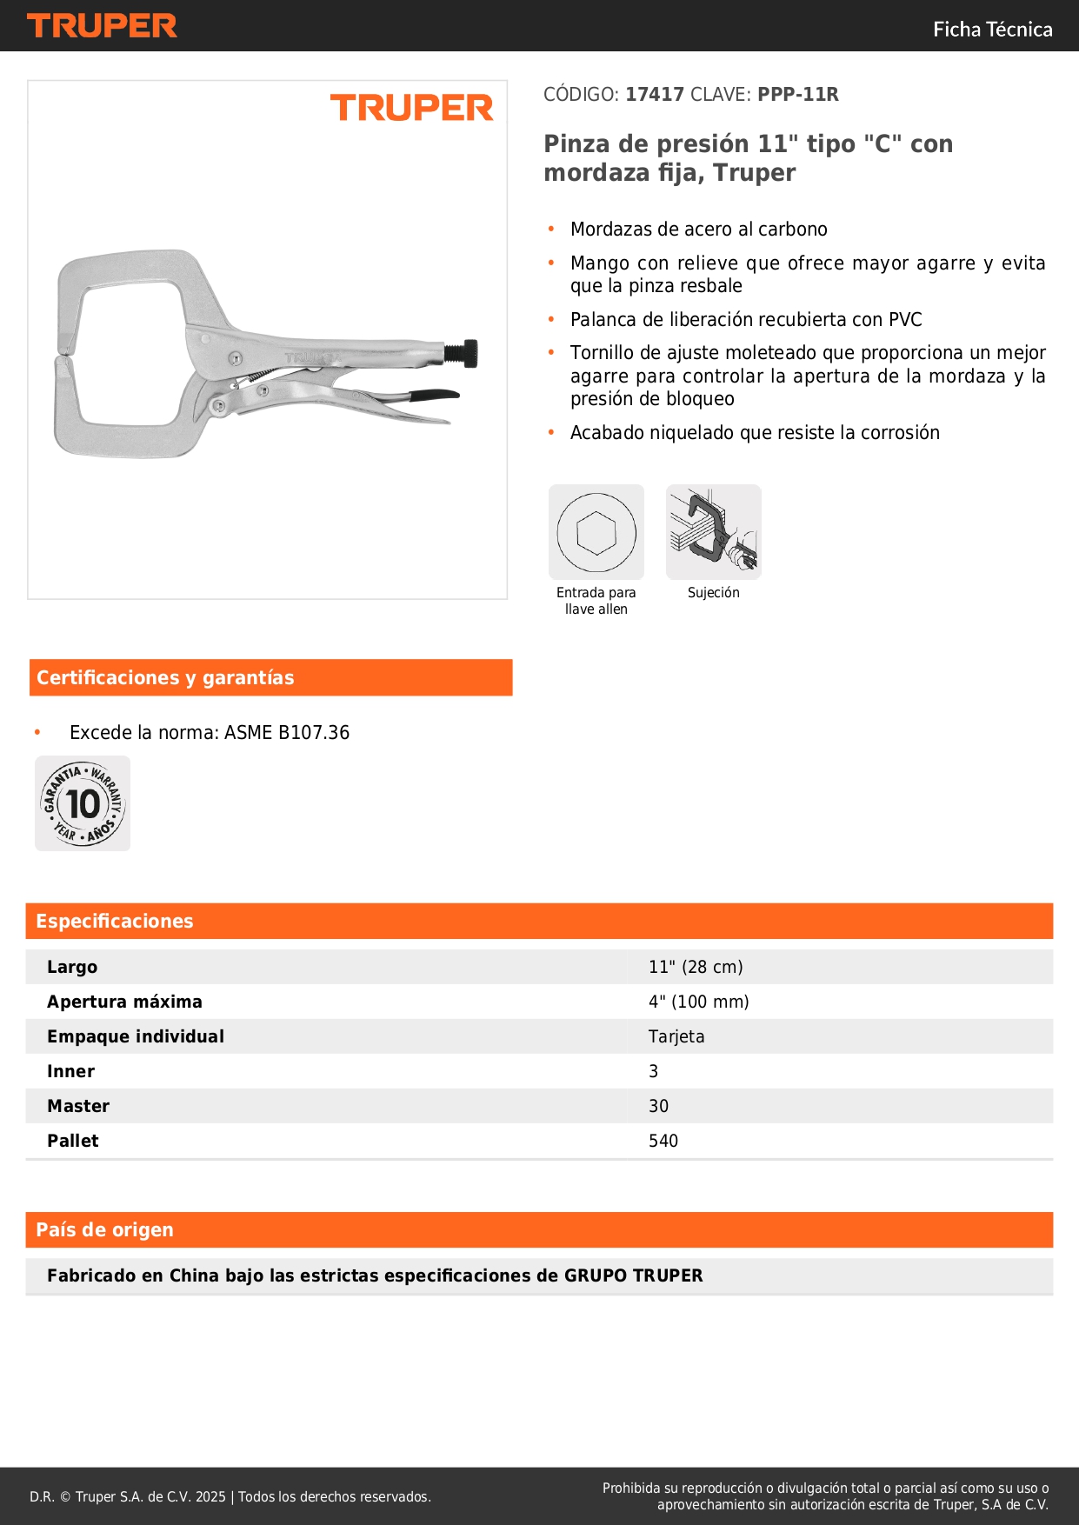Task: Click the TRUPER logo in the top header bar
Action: [102, 26]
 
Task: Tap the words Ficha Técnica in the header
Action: [992, 30]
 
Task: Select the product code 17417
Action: [654, 95]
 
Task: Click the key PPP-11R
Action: [797, 95]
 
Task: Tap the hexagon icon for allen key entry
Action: [596, 532]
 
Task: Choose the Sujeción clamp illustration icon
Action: [714, 532]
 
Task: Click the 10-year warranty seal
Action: [83, 803]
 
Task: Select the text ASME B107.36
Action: [287, 733]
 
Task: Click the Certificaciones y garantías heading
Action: [165, 678]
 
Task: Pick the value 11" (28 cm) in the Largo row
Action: [696, 967]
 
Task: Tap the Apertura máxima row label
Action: [124, 1002]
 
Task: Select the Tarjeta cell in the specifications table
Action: [676, 1036]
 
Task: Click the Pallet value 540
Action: [663, 1141]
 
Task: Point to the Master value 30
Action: [658, 1106]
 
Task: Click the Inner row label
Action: [70, 1071]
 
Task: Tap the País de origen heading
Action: [104, 1230]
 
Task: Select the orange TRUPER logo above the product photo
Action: [411, 108]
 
